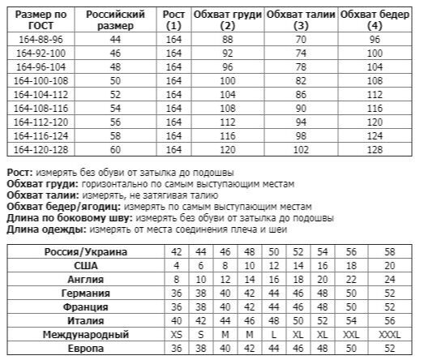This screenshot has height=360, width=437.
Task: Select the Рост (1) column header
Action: point(174,19)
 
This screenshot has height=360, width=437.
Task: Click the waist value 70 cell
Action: point(302,39)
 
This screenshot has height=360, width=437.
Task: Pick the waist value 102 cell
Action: point(302,149)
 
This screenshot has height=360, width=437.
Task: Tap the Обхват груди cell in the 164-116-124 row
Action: point(228,135)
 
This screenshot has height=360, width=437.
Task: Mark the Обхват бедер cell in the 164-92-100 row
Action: point(375,53)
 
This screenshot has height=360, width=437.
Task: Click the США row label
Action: point(85,265)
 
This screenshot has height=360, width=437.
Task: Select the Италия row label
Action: point(85,320)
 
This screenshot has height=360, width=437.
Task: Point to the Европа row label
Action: point(85,348)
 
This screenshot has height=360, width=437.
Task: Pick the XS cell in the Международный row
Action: point(176,334)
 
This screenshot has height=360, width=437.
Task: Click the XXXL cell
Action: point(390,334)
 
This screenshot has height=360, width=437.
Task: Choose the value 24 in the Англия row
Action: point(390,279)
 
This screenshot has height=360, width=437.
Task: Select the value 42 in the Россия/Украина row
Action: point(176,251)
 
